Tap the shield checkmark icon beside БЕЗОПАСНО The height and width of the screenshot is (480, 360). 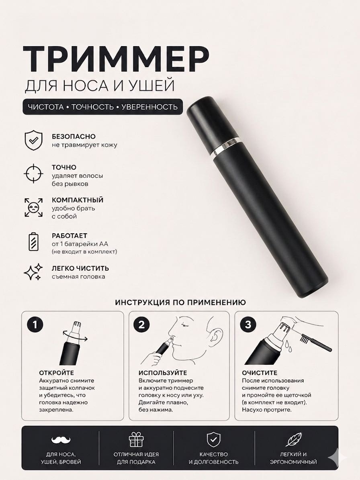33,140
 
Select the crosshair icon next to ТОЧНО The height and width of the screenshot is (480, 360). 33,173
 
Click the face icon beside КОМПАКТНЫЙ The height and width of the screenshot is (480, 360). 33,207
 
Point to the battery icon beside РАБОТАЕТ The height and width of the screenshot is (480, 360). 33,241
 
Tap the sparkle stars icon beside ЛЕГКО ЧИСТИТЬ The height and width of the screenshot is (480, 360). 33,272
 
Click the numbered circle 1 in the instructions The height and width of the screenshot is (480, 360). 35,325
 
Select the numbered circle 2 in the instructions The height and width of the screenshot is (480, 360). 141,325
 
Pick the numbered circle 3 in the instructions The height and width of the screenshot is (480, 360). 248,325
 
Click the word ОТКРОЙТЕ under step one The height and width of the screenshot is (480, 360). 57,373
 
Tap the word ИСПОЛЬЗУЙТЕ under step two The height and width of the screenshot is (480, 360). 163,373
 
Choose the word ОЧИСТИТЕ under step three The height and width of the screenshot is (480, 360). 260,373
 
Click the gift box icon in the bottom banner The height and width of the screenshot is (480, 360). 136,439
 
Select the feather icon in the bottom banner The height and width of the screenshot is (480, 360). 294,439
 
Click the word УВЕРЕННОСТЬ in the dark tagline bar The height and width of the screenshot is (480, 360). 149,107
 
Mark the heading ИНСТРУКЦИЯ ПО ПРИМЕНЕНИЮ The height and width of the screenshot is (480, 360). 180,302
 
